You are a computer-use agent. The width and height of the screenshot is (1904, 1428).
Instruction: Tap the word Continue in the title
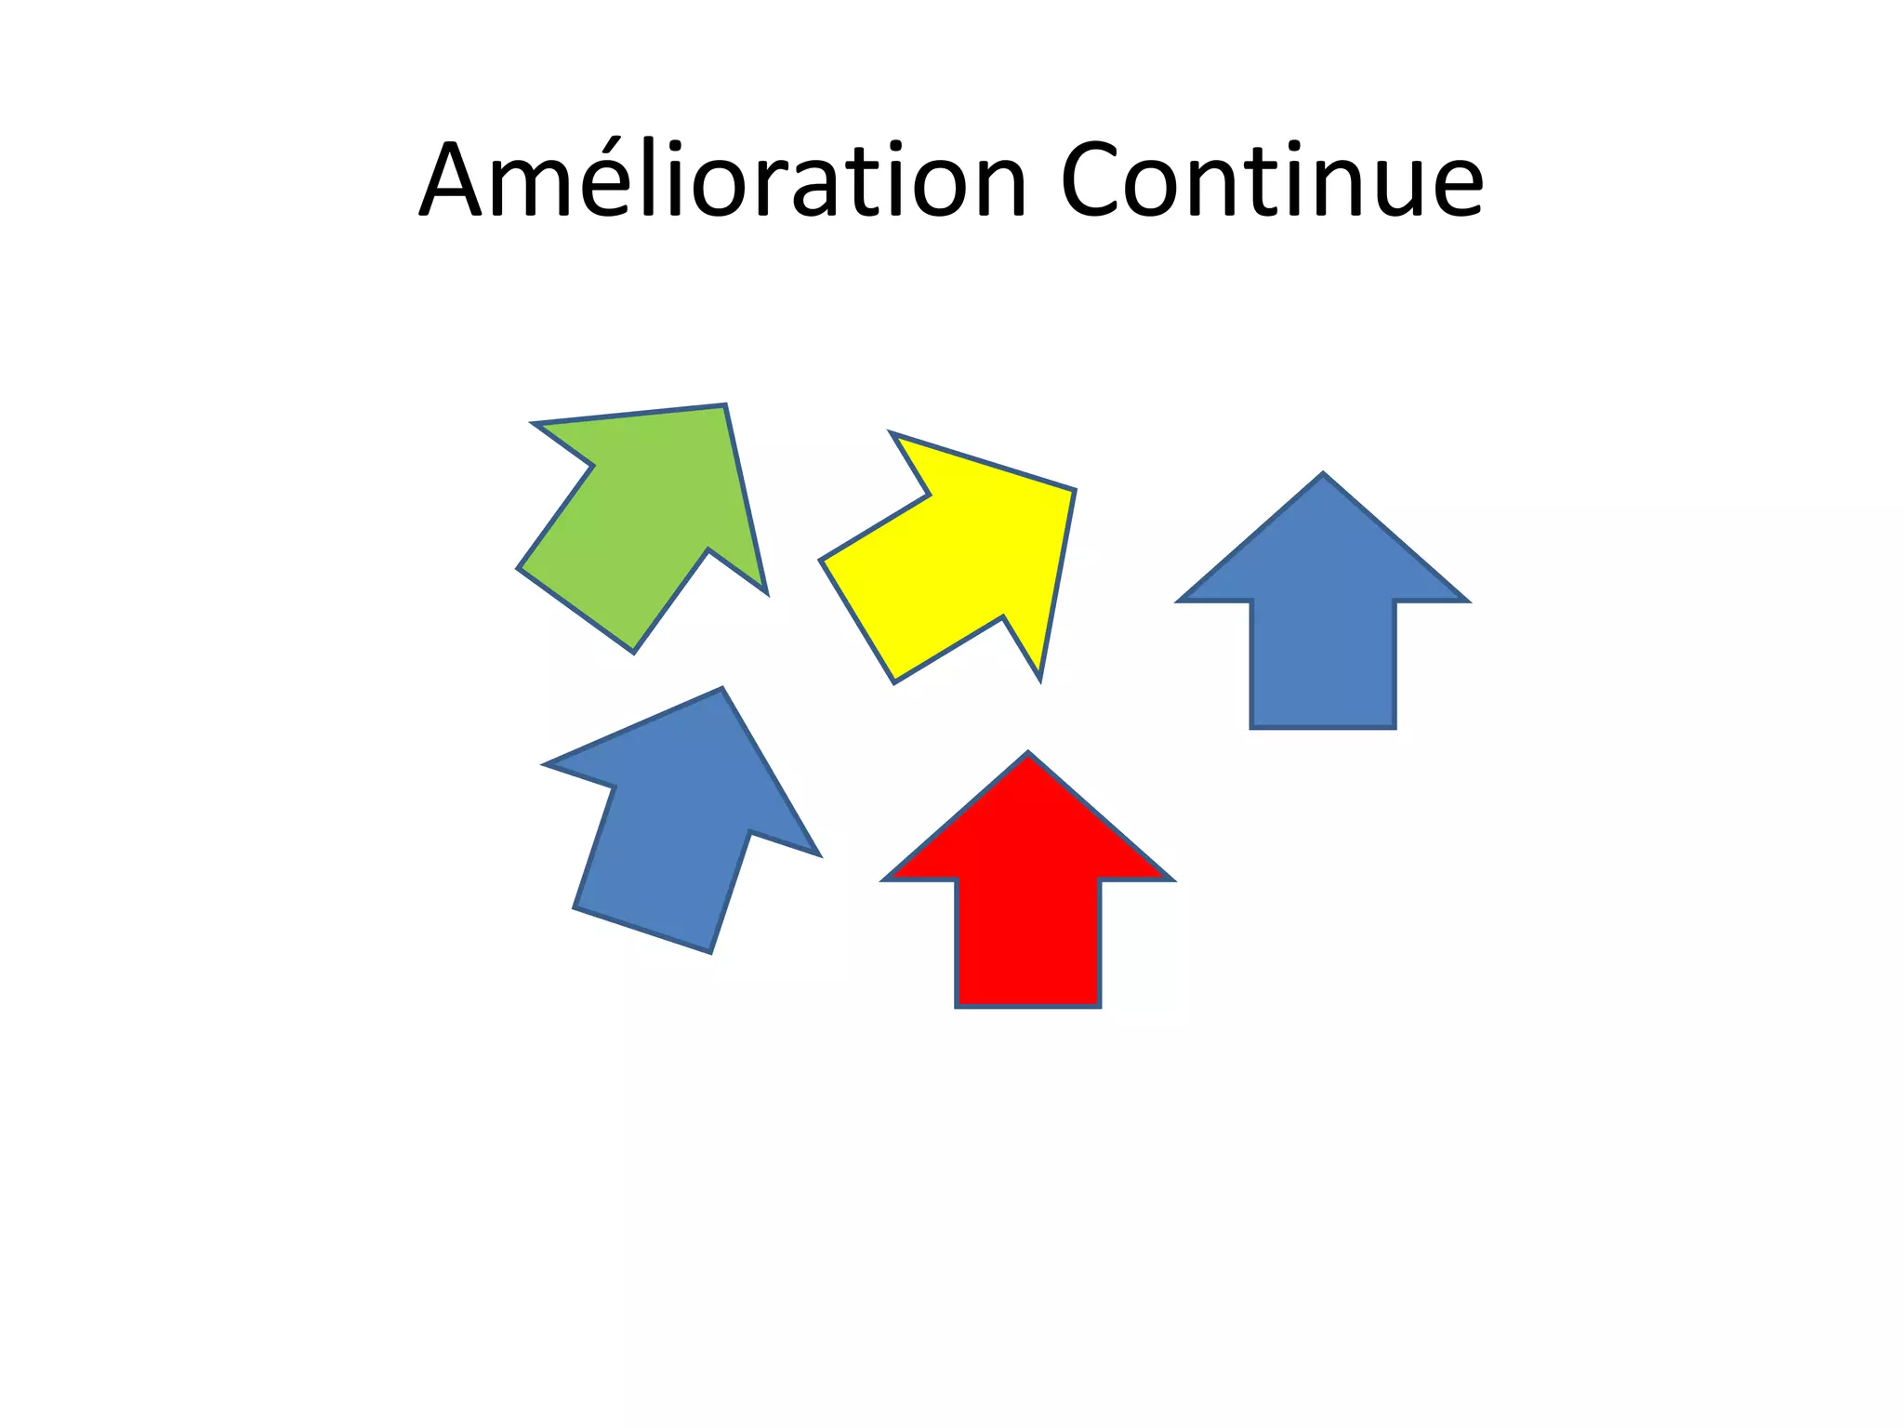tap(1271, 181)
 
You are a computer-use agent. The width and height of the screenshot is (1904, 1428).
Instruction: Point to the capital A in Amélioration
tap(455, 181)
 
